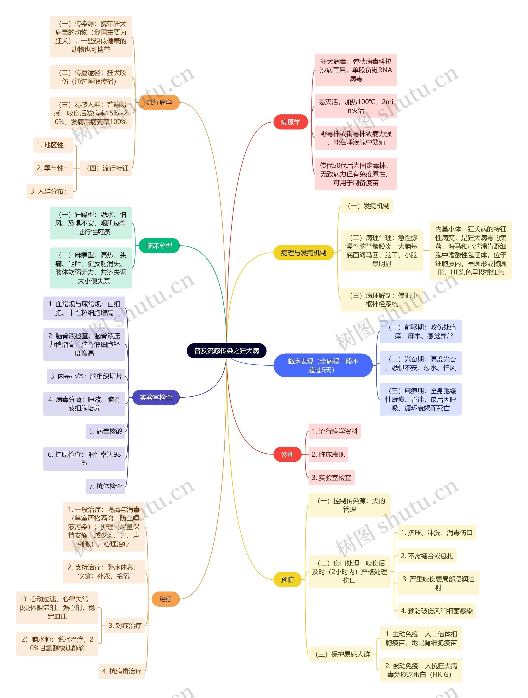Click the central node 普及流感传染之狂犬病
coord(226,351)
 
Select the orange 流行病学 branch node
coord(159,102)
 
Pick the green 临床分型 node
coord(159,246)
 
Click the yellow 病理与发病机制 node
coord(303,253)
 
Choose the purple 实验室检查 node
coord(156,397)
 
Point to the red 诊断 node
coord(287,454)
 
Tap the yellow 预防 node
coord(287,579)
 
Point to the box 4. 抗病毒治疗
coord(122,671)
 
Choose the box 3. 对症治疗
coord(125,625)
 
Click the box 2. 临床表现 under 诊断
coord(328,454)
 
